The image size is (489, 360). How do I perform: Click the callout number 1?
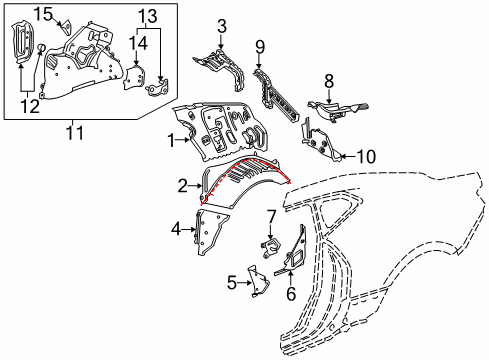click(171, 141)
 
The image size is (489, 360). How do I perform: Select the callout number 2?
click(183, 186)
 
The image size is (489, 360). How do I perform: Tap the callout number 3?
click(222, 26)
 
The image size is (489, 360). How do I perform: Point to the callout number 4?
click(177, 229)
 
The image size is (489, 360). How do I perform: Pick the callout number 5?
click(232, 283)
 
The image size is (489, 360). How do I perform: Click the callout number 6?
click(291, 293)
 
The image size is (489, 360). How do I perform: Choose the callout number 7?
click(271, 217)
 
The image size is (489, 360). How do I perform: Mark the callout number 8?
click(329, 81)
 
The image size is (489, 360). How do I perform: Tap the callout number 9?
click(260, 47)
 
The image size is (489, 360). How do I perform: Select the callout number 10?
click(366, 156)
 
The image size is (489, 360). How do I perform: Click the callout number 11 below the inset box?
click(74, 133)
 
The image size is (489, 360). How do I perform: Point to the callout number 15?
click(44, 15)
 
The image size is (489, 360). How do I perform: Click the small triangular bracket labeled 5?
click(259, 280)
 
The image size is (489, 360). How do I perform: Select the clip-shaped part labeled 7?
click(270, 246)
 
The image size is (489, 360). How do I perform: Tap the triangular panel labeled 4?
click(211, 231)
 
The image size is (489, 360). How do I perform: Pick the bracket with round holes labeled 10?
click(318, 140)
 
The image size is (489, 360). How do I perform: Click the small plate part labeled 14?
click(134, 77)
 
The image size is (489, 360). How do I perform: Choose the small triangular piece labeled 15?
click(66, 27)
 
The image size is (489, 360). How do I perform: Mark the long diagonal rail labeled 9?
click(276, 95)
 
